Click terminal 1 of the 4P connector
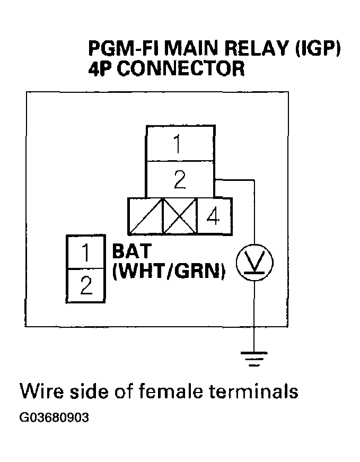(180, 144)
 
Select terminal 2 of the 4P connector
(180, 180)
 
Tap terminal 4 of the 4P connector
(214, 216)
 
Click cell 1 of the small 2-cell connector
(85, 252)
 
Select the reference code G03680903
(54, 417)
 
